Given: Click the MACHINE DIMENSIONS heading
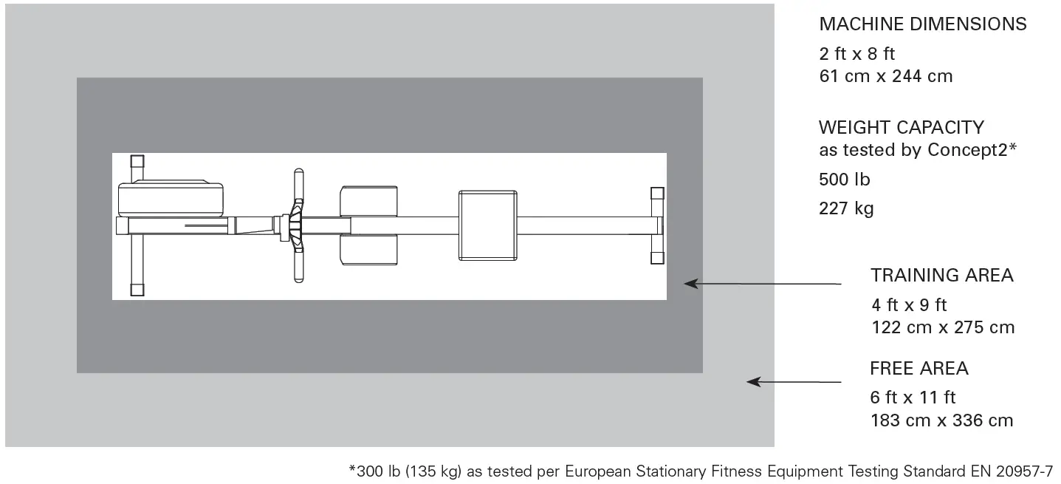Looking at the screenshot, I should tap(922, 24).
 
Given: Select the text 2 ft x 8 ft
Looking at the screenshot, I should tap(857, 53).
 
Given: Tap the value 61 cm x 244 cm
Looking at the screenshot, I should tap(885, 76).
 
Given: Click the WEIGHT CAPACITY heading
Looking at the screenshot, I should tap(901, 127).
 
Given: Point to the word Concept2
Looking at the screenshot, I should tap(968, 150).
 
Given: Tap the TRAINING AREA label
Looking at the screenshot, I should tap(941, 276).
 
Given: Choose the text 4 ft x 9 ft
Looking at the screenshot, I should tap(908, 304).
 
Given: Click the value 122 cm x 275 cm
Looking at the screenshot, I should tap(942, 327).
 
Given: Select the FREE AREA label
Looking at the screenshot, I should tap(918, 368).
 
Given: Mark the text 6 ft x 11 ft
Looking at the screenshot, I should tap(913, 398).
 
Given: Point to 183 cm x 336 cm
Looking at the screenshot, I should tap(941, 420).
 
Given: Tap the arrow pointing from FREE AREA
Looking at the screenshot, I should tap(793, 381).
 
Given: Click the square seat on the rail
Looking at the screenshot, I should tap(487, 225).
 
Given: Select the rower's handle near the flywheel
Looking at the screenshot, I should tap(298, 225).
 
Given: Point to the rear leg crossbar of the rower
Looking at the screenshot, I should tap(656, 225).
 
